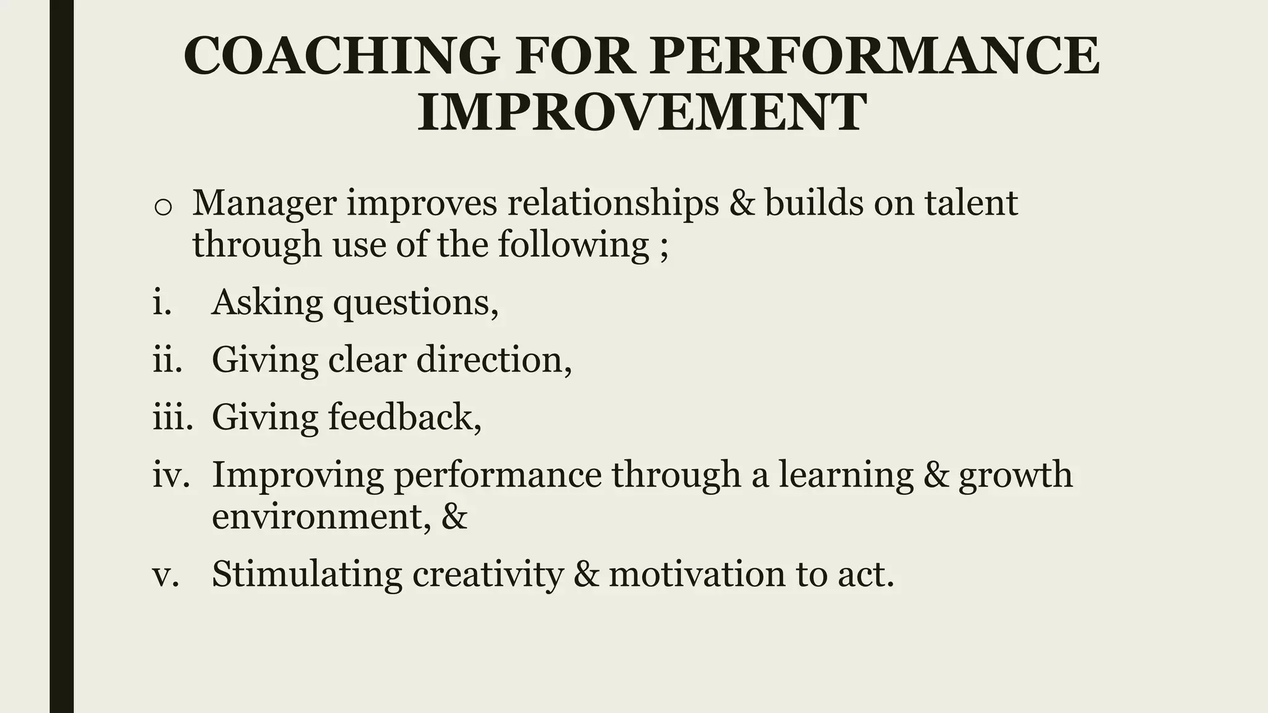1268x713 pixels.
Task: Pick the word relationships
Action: (613, 203)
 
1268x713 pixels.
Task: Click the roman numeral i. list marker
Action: (162, 303)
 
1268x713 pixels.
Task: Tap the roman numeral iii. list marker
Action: (169, 417)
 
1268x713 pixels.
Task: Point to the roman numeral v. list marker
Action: (165, 574)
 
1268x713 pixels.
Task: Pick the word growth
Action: (1015, 475)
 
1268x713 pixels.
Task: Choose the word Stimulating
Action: (307, 574)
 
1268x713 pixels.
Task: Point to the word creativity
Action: (488, 575)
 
